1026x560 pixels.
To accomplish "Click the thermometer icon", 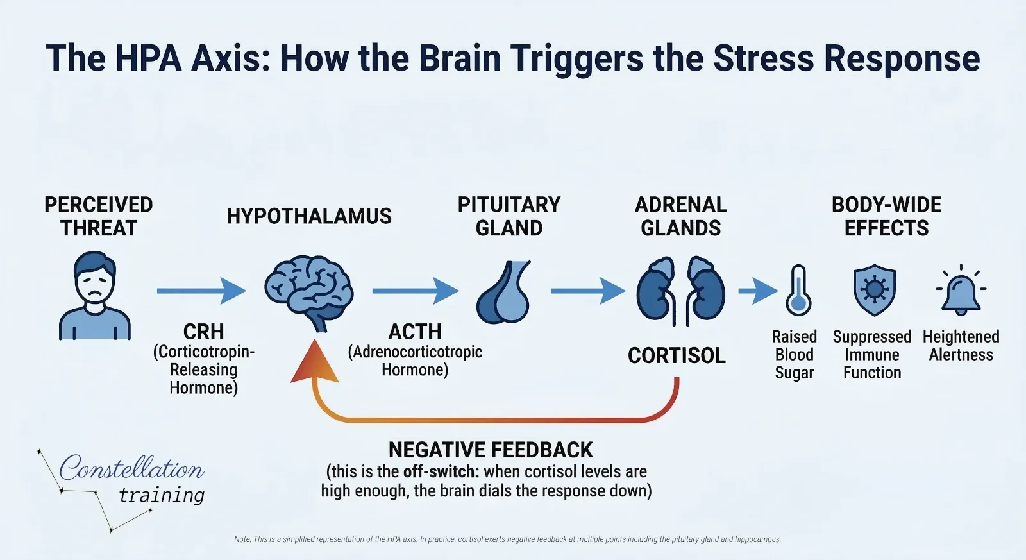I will pyautogui.click(x=798, y=291).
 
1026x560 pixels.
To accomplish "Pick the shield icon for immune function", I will pyautogui.click(x=874, y=290).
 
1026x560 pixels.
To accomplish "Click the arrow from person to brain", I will pyautogui.click(x=201, y=291).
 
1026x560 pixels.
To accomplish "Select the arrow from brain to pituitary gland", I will pyautogui.click(x=415, y=291).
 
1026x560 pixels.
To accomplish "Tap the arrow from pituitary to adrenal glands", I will pyautogui.click(x=587, y=291).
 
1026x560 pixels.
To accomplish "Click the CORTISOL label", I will pyautogui.click(x=677, y=355).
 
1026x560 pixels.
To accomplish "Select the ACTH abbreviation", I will pyautogui.click(x=415, y=332).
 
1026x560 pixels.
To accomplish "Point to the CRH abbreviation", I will pyautogui.click(x=203, y=332).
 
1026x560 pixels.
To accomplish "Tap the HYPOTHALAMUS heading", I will pyautogui.click(x=309, y=216).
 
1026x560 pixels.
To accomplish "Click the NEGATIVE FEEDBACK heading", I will pyautogui.click(x=491, y=450).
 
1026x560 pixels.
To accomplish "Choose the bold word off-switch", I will pyautogui.click(x=441, y=471).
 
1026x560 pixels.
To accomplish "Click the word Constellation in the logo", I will pyautogui.click(x=131, y=468).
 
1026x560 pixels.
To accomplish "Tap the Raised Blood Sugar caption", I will pyautogui.click(x=795, y=355).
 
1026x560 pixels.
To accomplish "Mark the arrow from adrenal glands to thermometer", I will pyautogui.click(x=757, y=291).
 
